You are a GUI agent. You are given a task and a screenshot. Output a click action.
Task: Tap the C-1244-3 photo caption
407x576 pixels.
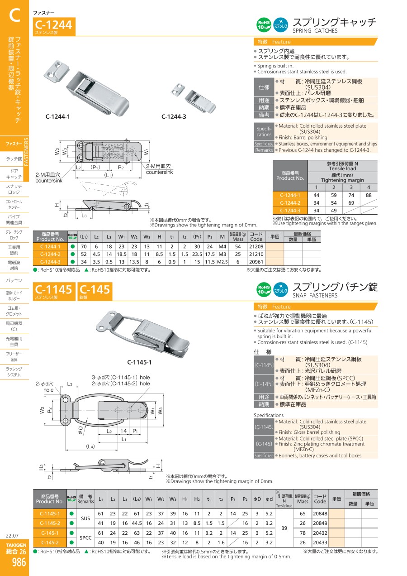(174, 117)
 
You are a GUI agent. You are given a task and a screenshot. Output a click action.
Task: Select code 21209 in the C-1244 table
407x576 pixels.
(256, 246)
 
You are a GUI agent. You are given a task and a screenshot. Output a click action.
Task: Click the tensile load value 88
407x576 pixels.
(369, 195)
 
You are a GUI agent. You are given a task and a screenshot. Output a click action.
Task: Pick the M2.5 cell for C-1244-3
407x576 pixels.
(222, 262)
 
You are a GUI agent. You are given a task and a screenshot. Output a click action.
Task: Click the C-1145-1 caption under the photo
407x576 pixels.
(139, 362)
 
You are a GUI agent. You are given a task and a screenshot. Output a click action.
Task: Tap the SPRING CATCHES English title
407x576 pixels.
(315, 31)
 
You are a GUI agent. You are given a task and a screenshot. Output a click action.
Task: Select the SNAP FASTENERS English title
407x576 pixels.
(315, 296)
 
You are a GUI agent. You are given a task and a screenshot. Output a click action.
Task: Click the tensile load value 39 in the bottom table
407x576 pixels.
(284, 528)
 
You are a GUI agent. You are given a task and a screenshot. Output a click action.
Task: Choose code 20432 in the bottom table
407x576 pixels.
(320, 533)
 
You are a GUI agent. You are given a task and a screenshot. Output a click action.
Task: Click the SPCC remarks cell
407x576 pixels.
(85, 538)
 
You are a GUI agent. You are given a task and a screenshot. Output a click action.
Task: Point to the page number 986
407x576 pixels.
(19, 562)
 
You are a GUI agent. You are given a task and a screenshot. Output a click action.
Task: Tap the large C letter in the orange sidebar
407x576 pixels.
(14, 15)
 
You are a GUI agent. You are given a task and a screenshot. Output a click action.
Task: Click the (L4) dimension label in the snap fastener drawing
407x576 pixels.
(90, 446)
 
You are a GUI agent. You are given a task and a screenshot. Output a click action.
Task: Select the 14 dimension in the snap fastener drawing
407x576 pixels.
(123, 431)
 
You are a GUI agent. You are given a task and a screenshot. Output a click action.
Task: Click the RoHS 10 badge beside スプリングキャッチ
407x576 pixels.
(264, 25)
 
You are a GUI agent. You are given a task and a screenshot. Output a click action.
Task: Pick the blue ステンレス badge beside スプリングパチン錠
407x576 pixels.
(280, 290)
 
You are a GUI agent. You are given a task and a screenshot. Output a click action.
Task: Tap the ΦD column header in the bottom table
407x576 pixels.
(257, 499)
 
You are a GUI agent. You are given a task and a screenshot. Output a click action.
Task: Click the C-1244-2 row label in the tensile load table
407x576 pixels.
(290, 203)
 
